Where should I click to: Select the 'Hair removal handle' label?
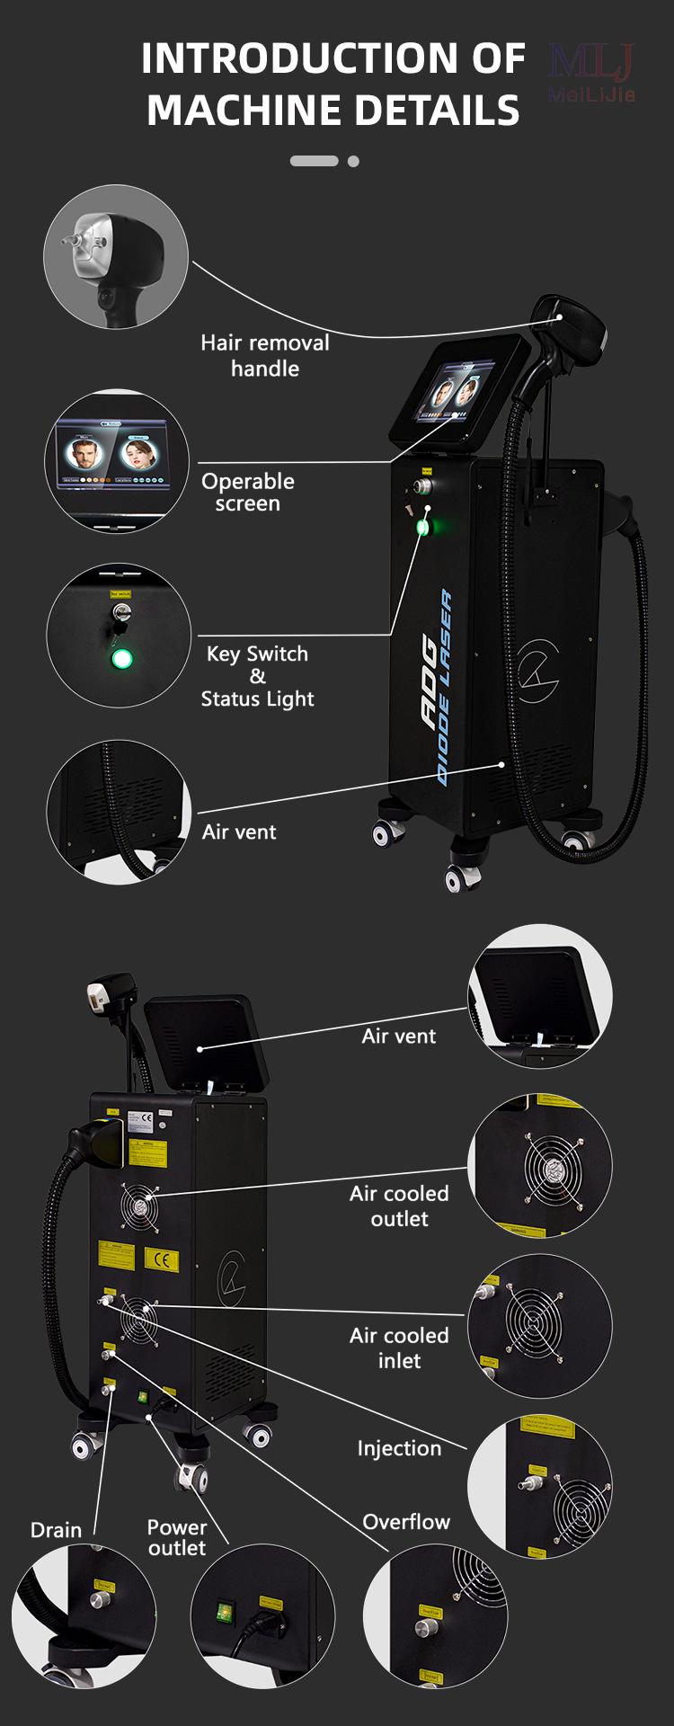(264, 355)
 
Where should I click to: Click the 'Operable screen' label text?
(247, 492)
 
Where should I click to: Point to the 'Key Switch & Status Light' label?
(257, 676)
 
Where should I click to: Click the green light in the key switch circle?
(121, 659)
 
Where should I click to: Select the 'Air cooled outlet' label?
(399, 1206)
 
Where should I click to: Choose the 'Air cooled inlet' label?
(399, 1348)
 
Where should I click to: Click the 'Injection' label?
(399, 1448)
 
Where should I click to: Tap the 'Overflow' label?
(406, 1522)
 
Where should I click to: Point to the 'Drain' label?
(56, 1530)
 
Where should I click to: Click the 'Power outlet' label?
(177, 1537)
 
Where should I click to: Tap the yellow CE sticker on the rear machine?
(161, 1260)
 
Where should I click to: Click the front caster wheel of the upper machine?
(460, 876)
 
